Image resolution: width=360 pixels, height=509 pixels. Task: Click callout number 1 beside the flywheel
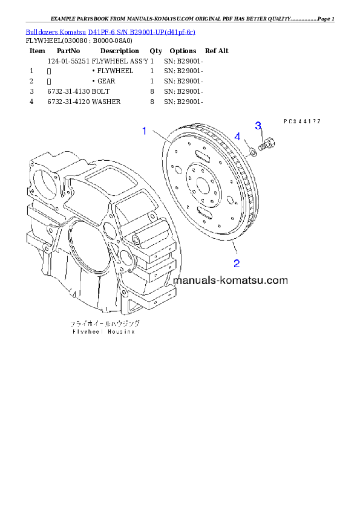pyautogui.click(x=145, y=131)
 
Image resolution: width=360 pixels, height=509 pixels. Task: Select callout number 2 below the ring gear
pyautogui.click(x=237, y=263)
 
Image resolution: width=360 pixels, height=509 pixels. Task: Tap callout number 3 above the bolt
pyautogui.click(x=258, y=126)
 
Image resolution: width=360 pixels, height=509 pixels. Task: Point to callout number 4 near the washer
pyautogui.click(x=238, y=137)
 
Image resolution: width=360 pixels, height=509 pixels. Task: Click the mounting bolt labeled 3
pyautogui.click(x=265, y=146)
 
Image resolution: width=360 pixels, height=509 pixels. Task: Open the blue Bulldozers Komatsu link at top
pyautogui.click(x=110, y=31)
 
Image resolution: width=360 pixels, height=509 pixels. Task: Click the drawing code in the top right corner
pyautogui.click(x=301, y=121)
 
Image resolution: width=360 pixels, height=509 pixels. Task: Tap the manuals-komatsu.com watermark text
pyautogui.click(x=230, y=280)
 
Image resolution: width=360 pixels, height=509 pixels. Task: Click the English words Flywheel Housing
pyautogui.click(x=103, y=331)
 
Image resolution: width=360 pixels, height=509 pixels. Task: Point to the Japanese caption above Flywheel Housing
pyautogui.click(x=103, y=324)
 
